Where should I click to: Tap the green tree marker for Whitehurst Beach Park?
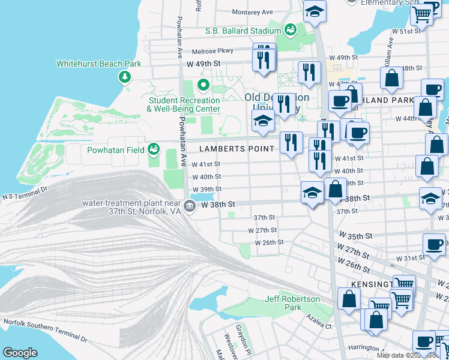click(125, 76)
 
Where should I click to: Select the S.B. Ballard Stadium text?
click(243, 31)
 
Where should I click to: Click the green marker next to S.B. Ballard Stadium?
click(290, 29)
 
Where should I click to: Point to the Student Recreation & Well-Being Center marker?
click(203, 86)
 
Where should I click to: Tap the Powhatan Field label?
click(115, 150)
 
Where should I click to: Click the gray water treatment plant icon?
click(189, 206)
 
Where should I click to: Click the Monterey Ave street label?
click(252, 12)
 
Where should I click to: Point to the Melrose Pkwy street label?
click(211, 52)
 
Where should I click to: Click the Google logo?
click(20, 353)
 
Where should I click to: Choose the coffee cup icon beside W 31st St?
click(434, 244)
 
